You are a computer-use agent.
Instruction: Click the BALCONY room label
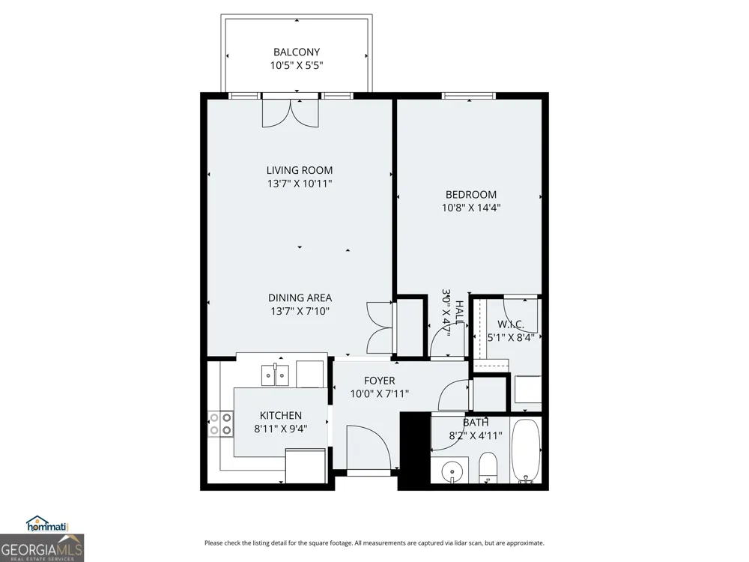(297, 52)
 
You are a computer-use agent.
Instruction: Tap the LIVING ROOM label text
(300, 170)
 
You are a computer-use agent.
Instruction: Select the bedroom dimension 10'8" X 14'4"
(471, 208)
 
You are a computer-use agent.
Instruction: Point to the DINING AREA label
(300, 297)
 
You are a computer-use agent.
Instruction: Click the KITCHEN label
(281, 415)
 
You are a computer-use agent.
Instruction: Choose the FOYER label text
(380, 381)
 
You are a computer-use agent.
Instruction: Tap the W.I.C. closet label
(511, 324)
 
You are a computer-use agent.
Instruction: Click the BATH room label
(476, 423)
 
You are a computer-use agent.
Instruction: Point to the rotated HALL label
(459, 312)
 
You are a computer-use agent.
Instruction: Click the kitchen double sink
(275, 375)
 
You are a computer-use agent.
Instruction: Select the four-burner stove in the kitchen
(221, 424)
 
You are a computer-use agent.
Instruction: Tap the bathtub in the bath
(526, 450)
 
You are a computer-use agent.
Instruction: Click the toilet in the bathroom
(488, 468)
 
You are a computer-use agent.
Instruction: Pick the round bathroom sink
(451, 471)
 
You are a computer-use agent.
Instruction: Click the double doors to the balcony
(291, 113)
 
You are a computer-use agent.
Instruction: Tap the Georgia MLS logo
(42, 548)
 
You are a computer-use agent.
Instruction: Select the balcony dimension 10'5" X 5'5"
(297, 65)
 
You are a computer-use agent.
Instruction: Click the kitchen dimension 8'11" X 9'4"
(281, 429)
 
